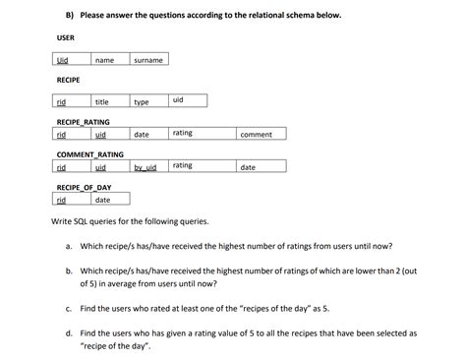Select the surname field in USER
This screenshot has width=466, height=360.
(x=147, y=60)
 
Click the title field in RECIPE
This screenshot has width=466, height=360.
(x=101, y=101)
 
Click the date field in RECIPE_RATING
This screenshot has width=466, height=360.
(x=142, y=134)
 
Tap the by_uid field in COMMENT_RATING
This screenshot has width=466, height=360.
(x=146, y=167)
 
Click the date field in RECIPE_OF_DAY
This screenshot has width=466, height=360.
(x=102, y=200)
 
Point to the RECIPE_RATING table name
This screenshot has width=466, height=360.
(x=84, y=122)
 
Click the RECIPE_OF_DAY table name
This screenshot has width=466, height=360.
(x=85, y=187)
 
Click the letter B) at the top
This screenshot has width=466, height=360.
(x=70, y=16)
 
